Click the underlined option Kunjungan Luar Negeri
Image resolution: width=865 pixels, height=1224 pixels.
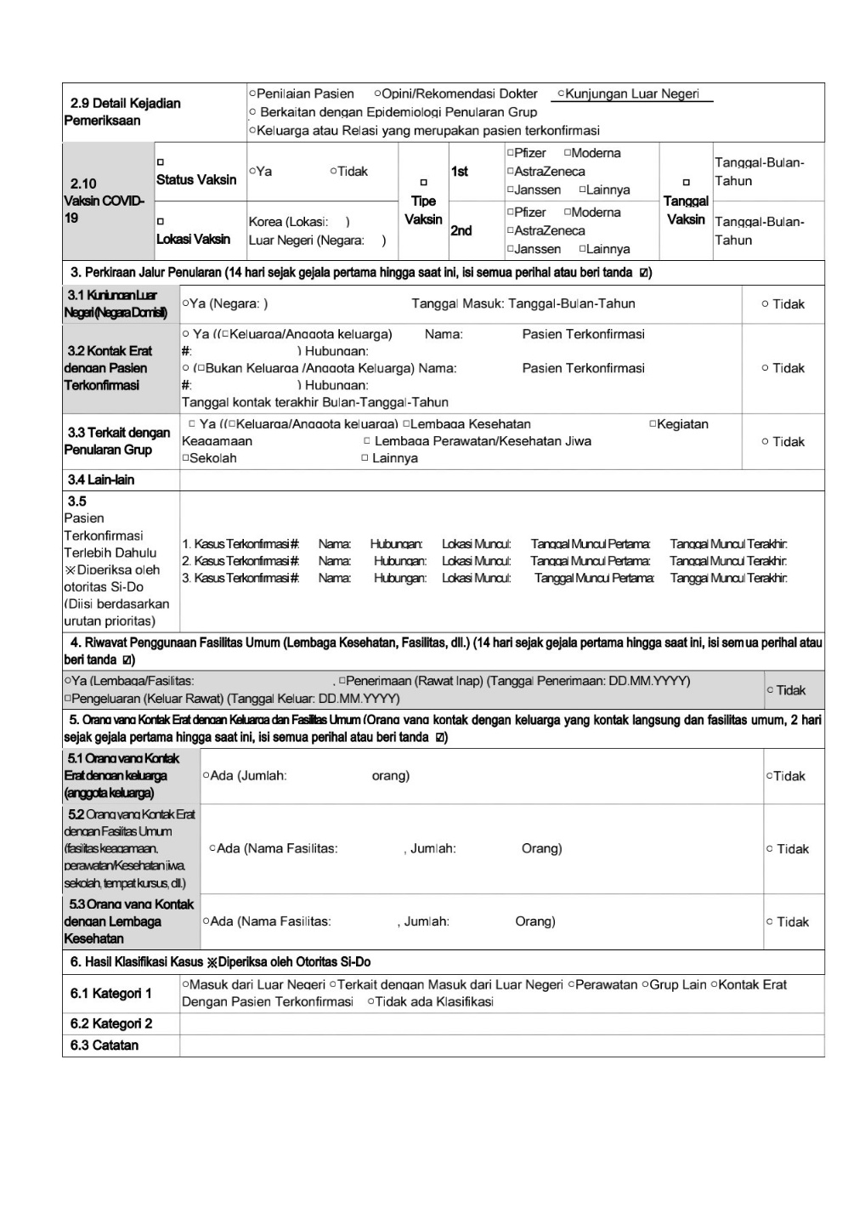(631, 94)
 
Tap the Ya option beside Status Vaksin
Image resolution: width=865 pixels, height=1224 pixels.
(261, 172)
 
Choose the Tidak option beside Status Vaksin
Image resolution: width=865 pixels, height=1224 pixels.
(349, 172)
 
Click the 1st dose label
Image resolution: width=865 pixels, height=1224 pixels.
(460, 172)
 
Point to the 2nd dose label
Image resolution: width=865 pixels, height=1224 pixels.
(461, 231)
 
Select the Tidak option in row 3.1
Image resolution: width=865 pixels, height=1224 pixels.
(783, 304)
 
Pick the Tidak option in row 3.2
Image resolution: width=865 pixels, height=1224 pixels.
(783, 368)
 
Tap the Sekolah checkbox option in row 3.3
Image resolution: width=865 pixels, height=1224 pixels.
(209, 458)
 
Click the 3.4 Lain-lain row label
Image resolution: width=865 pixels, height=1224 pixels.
(101, 480)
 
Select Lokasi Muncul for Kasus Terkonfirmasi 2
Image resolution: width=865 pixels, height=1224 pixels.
(476, 561)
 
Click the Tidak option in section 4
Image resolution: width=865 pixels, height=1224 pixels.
(786, 690)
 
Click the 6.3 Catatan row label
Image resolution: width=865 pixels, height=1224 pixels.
(105, 1045)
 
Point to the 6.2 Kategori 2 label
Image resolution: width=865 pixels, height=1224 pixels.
(111, 1023)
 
